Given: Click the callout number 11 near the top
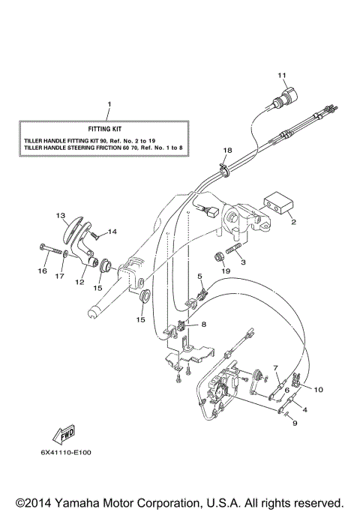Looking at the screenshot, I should point(282,75).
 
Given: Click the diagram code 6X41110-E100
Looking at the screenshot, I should point(67,452).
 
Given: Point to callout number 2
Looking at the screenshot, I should point(293,223).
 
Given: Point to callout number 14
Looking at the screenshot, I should point(113,232).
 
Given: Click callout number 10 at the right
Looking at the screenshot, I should point(318,390).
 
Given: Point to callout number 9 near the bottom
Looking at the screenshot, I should point(295,423).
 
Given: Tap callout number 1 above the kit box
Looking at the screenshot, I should point(109,103).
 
